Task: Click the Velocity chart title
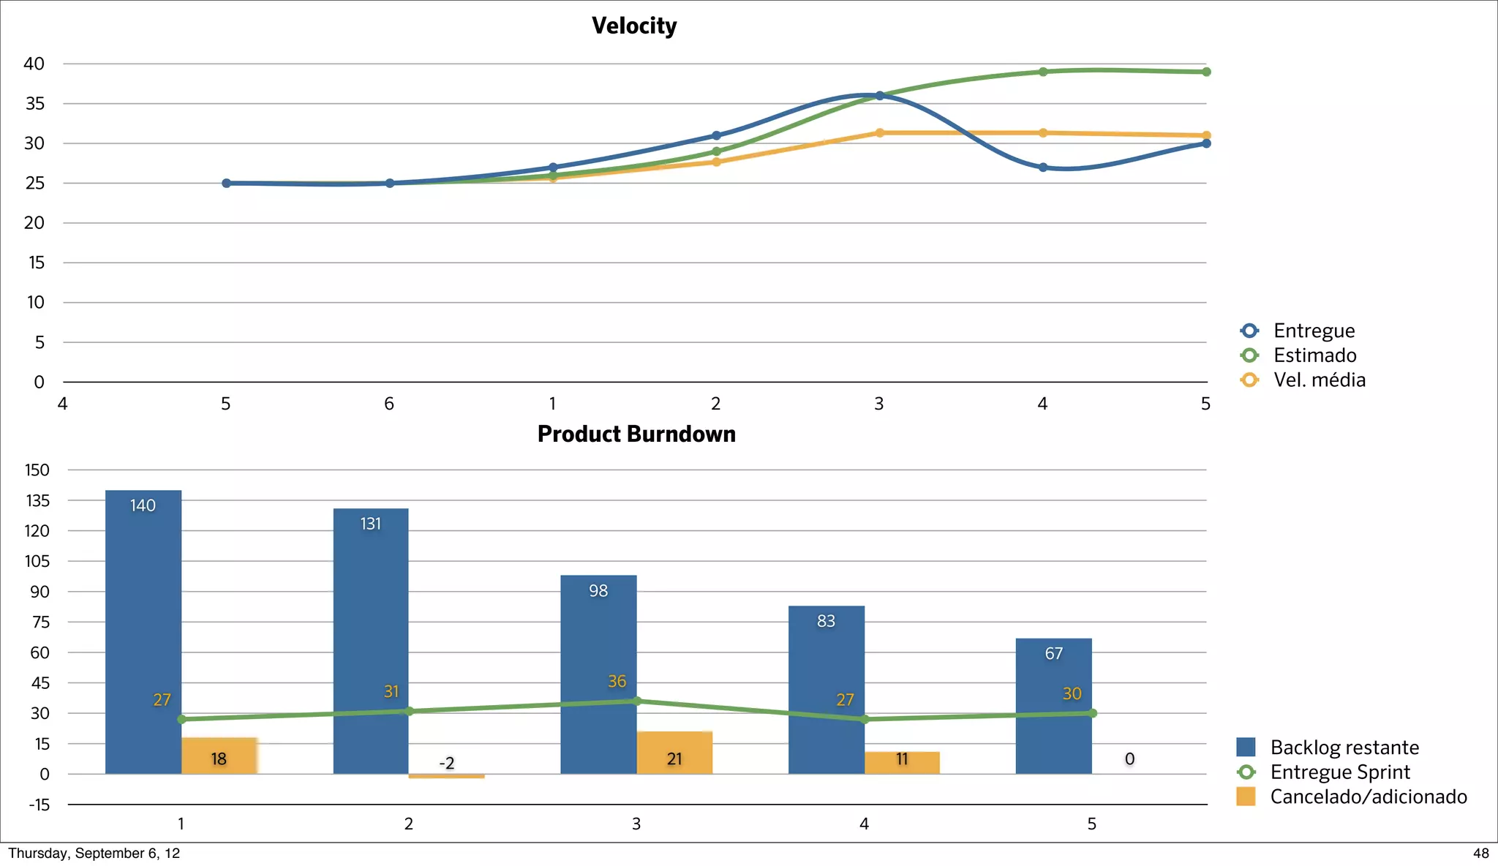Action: (x=634, y=26)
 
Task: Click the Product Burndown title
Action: (x=636, y=434)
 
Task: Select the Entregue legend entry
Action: (x=1314, y=331)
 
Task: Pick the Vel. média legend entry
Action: (x=1319, y=380)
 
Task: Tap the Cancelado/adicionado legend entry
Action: (x=1368, y=797)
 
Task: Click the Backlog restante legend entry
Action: (x=1344, y=748)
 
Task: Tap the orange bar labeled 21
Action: (x=674, y=753)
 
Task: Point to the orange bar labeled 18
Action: (x=219, y=756)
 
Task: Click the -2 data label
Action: (x=446, y=763)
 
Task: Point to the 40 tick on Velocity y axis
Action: (x=34, y=64)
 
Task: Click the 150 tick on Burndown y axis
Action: (x=37, y=470)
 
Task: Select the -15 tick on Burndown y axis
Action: (x=39, y=805)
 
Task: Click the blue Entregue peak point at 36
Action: (x=879, y=96)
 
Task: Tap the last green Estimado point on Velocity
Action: (x=1206, y=72)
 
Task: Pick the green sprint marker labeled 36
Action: (x=636, y=701)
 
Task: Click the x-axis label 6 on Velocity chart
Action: (x=389, y=404)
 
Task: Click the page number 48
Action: (x=1480, y=854)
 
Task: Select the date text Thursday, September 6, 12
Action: (x=94, y=854)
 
